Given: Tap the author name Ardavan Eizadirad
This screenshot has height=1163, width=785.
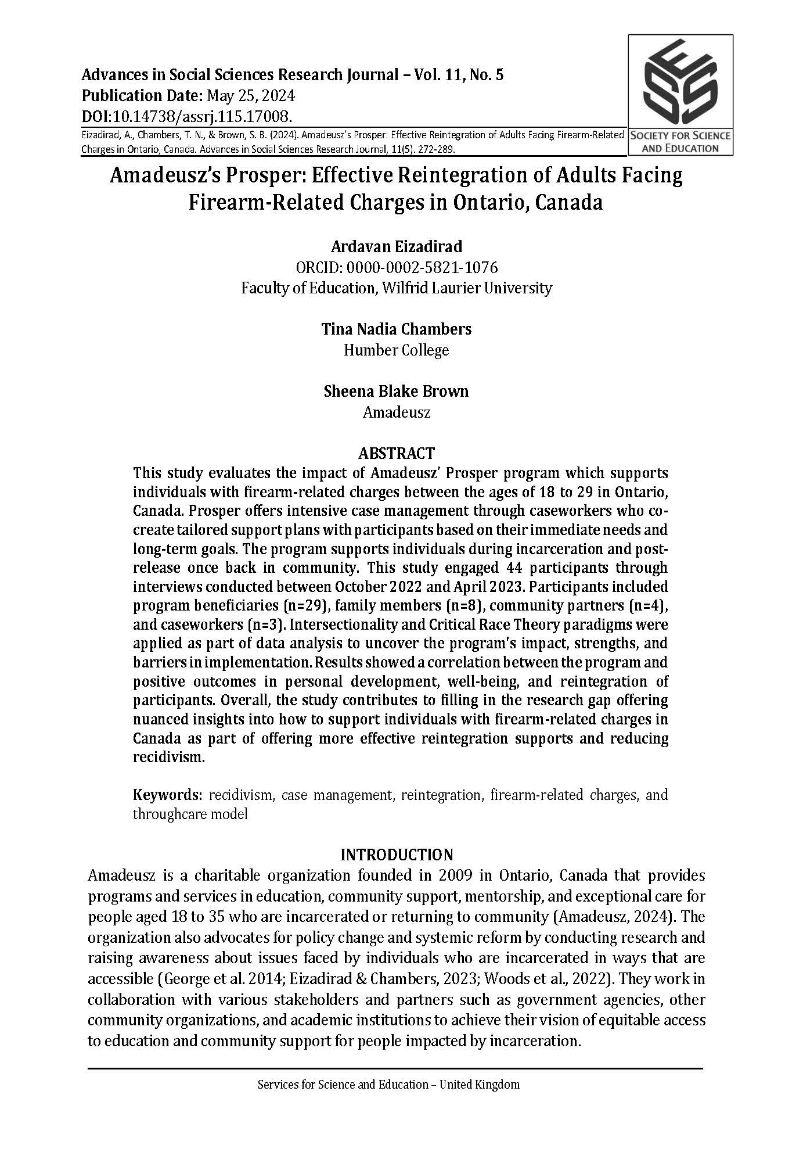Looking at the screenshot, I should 397,246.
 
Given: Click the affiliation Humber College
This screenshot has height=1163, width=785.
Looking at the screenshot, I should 397,350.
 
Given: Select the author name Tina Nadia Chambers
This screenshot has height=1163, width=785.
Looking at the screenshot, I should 397,329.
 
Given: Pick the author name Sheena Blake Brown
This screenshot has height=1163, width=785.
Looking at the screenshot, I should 397,392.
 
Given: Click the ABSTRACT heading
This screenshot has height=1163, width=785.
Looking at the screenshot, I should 397,453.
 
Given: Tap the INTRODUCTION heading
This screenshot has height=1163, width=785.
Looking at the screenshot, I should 397,855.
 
